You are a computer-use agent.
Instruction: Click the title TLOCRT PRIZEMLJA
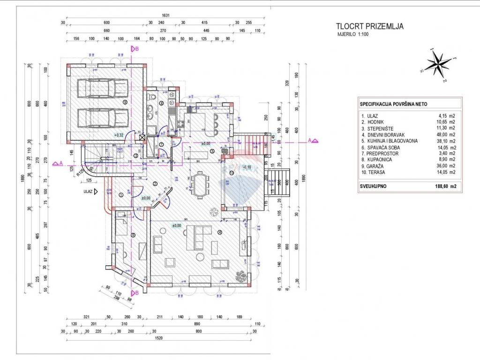click(370, 26)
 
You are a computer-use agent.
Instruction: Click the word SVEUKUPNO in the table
click(374, 186)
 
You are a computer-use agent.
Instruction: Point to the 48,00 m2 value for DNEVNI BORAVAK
click(445, 134)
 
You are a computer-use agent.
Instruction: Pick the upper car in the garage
click(102, 87)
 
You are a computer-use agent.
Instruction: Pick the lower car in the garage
click(102, 118)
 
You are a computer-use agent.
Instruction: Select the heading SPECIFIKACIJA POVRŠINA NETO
click(393, 104)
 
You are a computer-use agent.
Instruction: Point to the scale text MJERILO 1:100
click(353, 35)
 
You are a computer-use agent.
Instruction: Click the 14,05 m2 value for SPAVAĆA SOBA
click(445, 147)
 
